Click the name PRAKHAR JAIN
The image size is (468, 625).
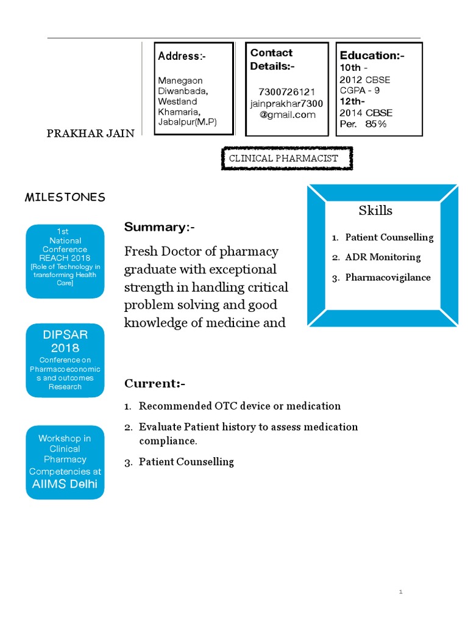91,134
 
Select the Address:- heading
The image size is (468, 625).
182,56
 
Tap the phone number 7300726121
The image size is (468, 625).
286,92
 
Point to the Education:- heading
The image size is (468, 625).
372,56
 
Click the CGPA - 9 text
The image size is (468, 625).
360,91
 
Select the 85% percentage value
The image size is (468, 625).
376,124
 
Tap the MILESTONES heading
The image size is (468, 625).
65,197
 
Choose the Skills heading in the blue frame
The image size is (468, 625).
375,211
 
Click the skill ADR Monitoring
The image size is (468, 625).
383,257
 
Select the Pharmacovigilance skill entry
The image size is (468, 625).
388,277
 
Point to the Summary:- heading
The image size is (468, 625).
160,227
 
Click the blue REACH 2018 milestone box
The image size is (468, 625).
65,261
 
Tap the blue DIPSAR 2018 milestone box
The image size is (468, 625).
65,361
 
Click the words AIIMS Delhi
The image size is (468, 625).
65,485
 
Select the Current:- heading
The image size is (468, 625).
154,383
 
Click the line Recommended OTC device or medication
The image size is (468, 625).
239,406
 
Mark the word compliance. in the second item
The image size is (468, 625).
168,441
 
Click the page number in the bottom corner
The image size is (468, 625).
401,591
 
